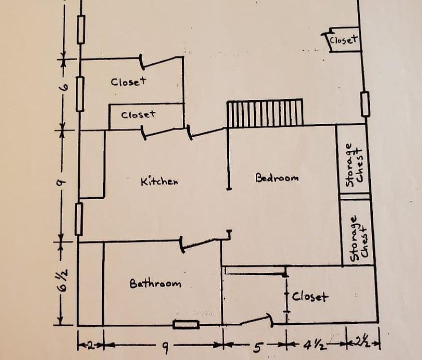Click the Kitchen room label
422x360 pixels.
coord(159,181)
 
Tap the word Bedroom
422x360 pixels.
coord(277,177)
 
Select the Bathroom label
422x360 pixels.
coord(155,283)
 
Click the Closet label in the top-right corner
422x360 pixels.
coord(344,40)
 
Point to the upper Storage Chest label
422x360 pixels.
coord(355,165)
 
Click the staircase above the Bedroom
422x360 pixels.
coord(265,112)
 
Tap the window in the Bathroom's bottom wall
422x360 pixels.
coord(186,324)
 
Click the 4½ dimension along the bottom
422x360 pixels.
coord(315,345)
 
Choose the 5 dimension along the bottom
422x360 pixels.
coord(257,347)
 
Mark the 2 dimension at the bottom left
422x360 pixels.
coord(91,345)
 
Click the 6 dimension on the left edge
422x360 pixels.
coord(65,87)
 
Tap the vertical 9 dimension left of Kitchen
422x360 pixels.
coord(61,183)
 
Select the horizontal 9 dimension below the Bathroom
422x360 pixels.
coord(166,348)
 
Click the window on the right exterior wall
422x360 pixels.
coord(365,104)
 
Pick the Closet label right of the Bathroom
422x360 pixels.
coord(310,297)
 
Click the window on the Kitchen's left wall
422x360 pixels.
coord(79,219)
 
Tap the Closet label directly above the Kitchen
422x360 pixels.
coord(138,115)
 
